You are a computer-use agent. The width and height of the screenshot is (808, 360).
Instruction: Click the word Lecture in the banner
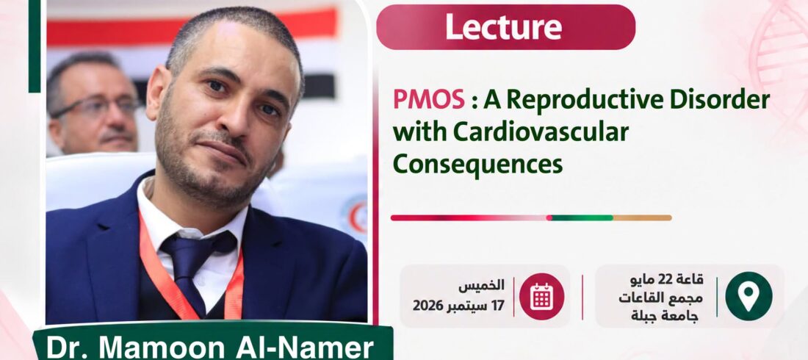503,27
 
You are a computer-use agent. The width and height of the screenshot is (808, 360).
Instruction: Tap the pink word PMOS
429,100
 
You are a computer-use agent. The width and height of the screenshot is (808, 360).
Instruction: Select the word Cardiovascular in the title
541,132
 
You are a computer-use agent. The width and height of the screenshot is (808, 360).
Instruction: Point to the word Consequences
477,165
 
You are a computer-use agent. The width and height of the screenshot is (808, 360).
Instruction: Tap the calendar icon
541,297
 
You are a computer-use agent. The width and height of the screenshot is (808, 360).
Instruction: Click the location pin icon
749,296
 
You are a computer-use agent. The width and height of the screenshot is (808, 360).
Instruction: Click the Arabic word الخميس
481,285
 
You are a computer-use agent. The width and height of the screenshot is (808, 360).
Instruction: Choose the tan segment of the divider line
643,217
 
